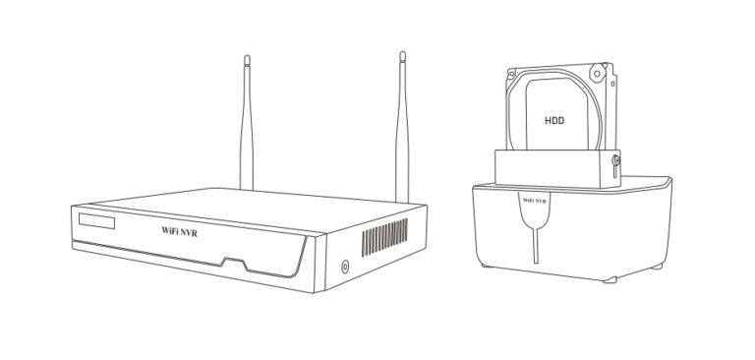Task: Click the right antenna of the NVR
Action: click(x=401, y=128)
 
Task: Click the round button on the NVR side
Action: click(x=344, y=266)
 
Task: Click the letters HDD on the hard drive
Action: click(x=556, y=123)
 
